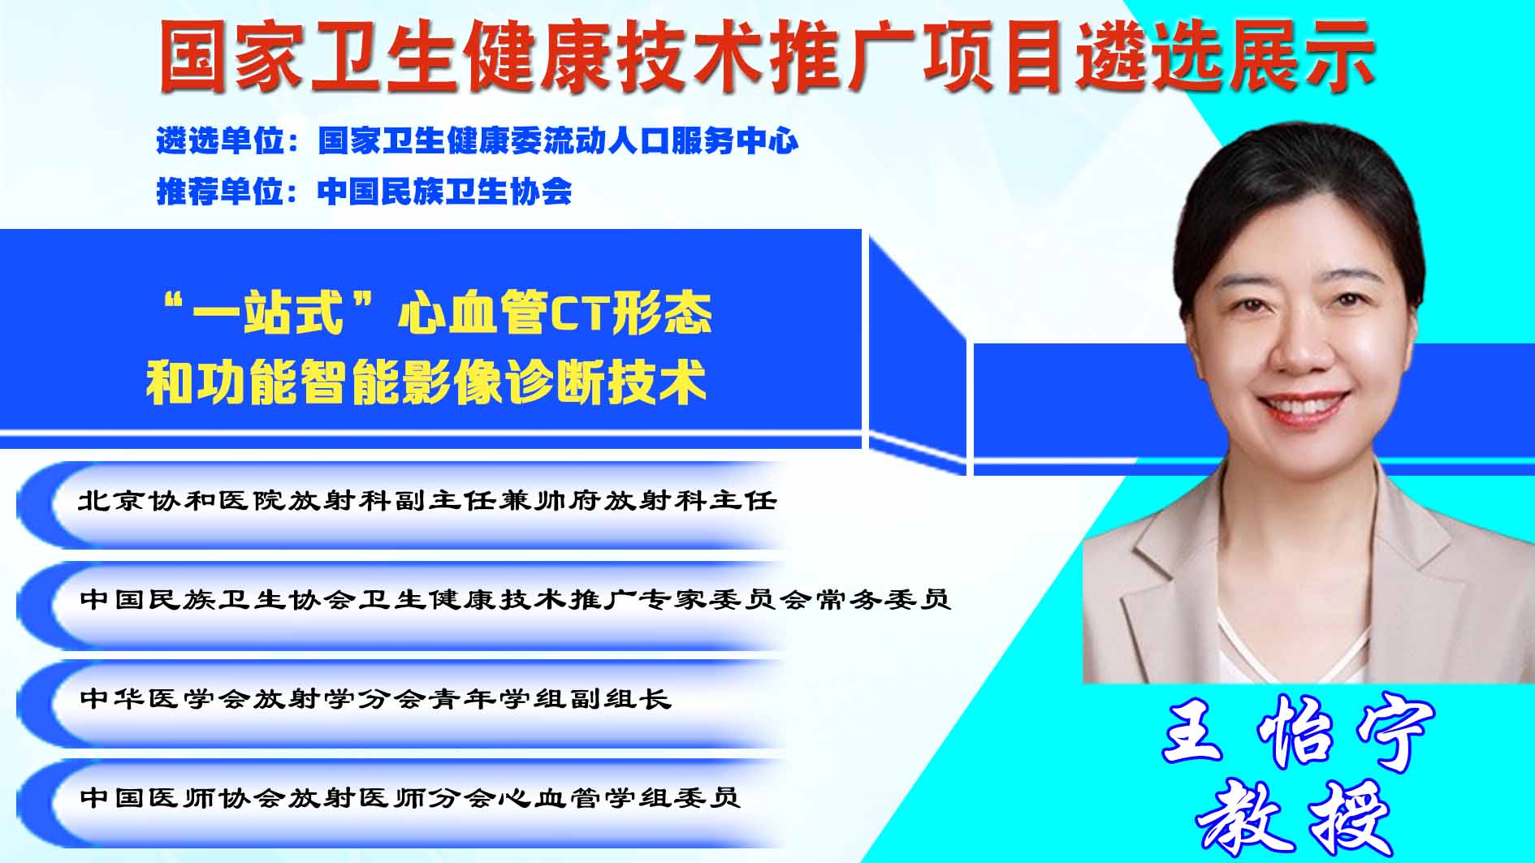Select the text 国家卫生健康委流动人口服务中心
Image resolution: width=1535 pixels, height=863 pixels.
coord(558,141)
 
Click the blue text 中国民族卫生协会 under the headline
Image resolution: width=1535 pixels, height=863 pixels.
coord(445,192)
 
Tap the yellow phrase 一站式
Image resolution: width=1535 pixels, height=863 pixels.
coord(268,313)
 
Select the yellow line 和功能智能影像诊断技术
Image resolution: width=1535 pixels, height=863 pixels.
coord(426,382)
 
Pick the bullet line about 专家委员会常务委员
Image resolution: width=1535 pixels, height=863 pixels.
coord(515,599)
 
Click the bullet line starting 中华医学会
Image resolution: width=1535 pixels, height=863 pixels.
coord(375,698)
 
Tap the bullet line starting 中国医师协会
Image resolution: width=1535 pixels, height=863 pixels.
coord(410,797)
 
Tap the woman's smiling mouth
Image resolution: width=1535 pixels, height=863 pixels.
coord(1302,407)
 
